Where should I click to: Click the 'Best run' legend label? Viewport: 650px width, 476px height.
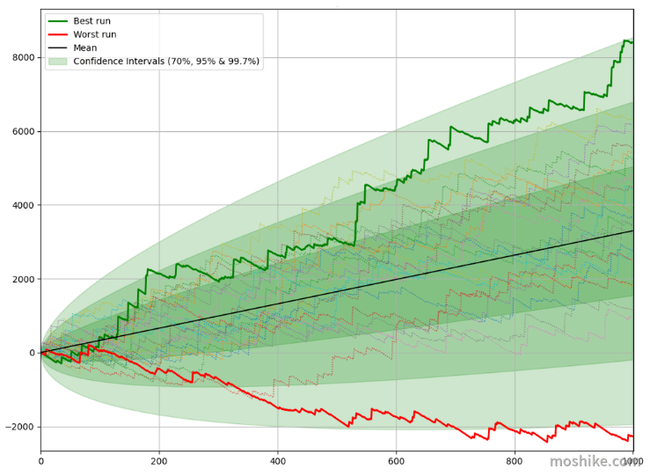click(91, 21)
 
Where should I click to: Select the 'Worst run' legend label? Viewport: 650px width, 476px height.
click(94, 34)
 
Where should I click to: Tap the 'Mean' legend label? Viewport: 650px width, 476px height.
click(85, 48)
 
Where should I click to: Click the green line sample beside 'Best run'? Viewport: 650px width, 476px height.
click(58, 21)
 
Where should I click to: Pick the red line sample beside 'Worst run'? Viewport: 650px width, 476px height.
click(58, 34)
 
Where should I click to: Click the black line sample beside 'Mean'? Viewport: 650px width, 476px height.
click(58, 48)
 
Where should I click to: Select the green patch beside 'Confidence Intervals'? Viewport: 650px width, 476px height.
click(58, 62)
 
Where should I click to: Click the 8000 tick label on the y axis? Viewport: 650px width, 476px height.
click(24, 58)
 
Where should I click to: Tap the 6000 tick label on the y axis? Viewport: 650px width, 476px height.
click(24, 131)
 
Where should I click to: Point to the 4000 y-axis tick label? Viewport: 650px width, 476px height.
click(24, 205)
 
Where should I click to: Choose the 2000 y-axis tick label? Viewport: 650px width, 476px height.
click(24, 279)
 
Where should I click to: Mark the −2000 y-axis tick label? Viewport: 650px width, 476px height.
click(20, 427)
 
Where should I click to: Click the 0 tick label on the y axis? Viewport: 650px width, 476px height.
click(33, 353)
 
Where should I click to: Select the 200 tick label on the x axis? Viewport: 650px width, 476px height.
click(159, 461)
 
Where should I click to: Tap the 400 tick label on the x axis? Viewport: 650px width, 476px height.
click(278, 461)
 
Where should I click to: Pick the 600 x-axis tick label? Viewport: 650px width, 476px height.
click(397, 461)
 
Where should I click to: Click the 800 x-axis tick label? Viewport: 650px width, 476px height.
click(515, 461)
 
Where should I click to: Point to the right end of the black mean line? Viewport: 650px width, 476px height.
click(633, 231)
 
